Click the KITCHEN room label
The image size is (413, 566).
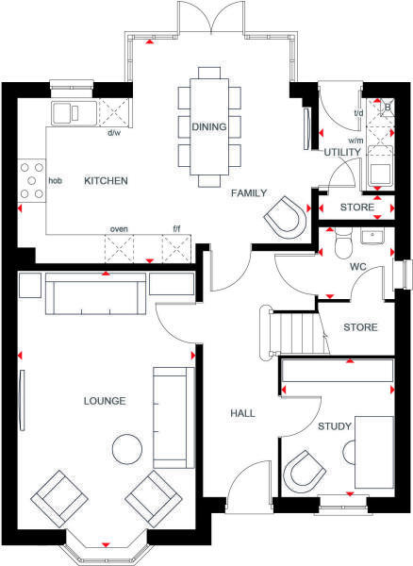(106, 180)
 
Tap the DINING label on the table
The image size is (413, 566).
(208, 125)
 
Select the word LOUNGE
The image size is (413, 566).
(104, 401)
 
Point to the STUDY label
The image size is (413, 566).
(334, 427)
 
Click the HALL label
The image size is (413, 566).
(245, 412)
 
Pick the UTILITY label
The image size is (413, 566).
(341, 152)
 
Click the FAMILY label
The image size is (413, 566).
(251, 191)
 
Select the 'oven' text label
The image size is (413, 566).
(119, 228)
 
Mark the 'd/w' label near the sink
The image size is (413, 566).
(114, 133)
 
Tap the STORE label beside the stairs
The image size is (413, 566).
(360, 328)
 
